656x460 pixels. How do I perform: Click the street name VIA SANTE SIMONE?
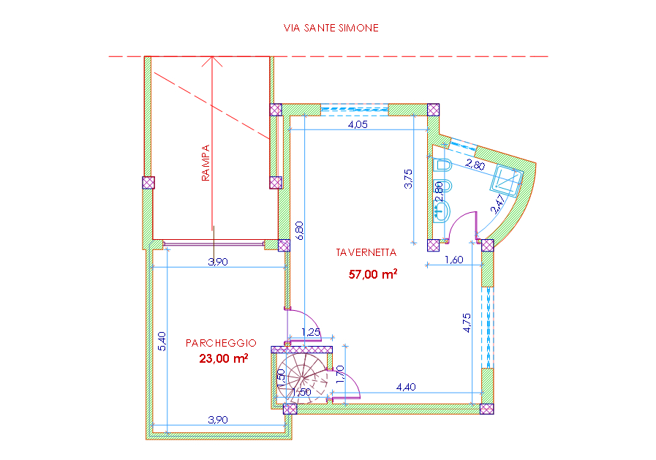[331, 28]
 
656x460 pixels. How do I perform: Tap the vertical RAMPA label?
[206, 162]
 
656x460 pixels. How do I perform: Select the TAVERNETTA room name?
[366, 252]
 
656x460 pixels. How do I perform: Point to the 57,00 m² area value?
[373, 274]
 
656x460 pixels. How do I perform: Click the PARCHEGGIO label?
[221, 343]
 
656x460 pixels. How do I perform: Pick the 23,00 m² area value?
[223, 358]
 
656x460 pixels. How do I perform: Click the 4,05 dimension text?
[358, 124]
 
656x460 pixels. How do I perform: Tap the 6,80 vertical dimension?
[299, 230]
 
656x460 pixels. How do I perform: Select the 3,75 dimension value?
[408, 178]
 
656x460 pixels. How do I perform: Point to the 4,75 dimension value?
[467, 323]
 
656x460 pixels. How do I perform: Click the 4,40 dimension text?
[406, 387]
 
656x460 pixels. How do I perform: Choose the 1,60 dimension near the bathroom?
[454, 260]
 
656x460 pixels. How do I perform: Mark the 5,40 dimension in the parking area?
[162, 342]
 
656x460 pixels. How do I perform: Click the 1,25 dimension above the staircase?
[311, 332]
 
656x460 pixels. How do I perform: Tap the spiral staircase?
[302, 378]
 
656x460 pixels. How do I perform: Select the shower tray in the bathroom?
[507, 180]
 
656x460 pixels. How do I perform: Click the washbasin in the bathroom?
[442, 211]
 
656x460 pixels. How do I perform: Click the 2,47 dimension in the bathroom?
[497, 205]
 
